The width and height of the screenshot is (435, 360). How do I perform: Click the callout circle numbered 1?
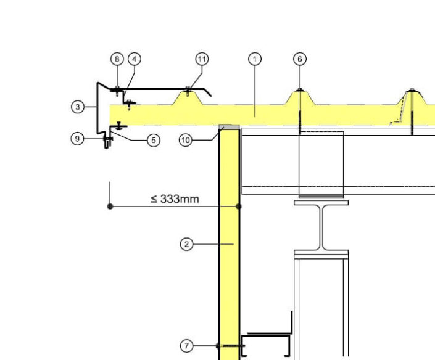tap(255, 59)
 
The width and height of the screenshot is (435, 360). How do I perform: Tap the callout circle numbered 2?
tap(186, 244)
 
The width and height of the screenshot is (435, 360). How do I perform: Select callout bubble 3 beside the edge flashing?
tap(78, 107)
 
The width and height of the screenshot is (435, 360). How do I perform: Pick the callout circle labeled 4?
tap(135, 59)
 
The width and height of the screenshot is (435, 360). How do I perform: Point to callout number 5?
tap(154, 140)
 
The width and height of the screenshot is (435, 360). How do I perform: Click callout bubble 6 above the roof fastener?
tap(300, 59)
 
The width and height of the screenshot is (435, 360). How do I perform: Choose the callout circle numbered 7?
tap(186, 346)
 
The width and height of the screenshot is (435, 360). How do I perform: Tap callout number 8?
tap(117, 59)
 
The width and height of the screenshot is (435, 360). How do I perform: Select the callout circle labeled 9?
tap(77, 138)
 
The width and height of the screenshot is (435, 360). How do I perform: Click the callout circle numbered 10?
tap(186, 140)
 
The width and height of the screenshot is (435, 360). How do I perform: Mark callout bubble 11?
tap(202, 59)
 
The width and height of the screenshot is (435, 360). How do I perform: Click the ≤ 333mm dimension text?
tap(175, 199)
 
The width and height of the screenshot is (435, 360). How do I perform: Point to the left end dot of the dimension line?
tap(110, 206)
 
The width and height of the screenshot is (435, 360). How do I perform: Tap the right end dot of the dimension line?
tap(239, 206)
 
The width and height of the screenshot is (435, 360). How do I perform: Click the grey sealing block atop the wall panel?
tap(229, 127)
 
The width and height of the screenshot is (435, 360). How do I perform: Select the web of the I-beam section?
tap(321, 227)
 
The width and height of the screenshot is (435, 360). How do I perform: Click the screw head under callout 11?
tap(188, 88)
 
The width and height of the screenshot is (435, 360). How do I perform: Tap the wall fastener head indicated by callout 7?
tap(218, 346)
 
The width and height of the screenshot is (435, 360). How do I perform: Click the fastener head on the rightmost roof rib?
tap(412, 90)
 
